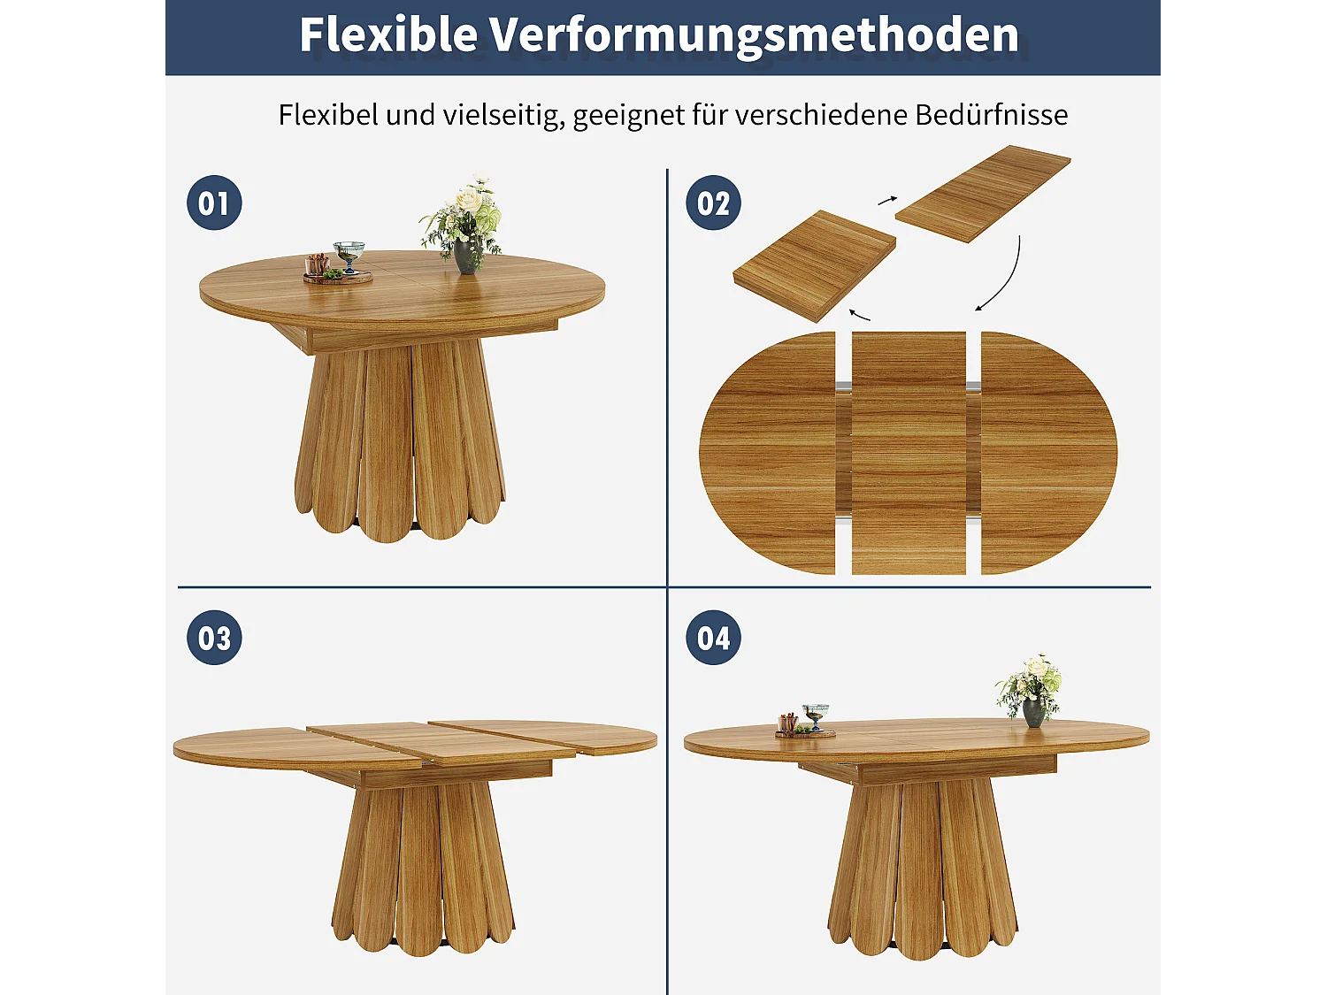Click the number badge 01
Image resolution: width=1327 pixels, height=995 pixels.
click(x=214, y=203)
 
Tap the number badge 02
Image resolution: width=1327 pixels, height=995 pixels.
click(x=713, y=203)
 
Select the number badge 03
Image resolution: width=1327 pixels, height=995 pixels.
click(x=214, y=638)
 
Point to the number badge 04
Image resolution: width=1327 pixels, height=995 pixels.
click(x=713, y=638)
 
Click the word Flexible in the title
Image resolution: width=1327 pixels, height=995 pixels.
click(x=388, y=35)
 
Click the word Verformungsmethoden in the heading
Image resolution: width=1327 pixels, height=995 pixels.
click(x=754, y=35)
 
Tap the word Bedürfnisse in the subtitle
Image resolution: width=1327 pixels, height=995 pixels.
click(x=992, y=115)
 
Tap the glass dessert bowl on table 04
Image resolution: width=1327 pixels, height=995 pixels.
click(x=815, y=715)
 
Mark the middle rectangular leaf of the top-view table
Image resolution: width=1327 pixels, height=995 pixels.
click(x=909, y=453)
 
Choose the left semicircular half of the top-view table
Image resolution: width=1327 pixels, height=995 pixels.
click(x=768, y=453)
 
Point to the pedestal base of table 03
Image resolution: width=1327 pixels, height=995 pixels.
click(x=423, y=867)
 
